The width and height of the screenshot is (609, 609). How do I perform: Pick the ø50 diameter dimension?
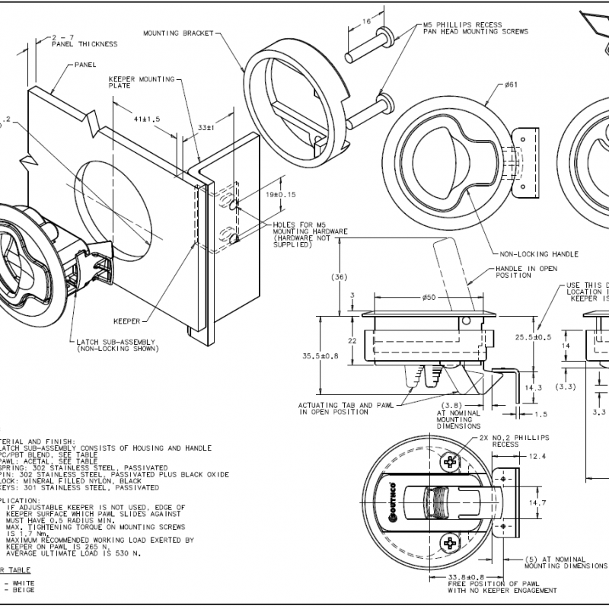[428, 296]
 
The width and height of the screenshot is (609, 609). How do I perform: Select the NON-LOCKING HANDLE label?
[539, 253]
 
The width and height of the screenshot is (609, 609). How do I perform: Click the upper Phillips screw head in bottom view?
[451, 461]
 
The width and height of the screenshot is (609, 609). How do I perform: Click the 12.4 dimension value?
[537, 456]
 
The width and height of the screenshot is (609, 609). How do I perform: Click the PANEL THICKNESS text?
[84, 44]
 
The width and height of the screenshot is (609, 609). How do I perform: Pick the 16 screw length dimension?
[366, 23]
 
